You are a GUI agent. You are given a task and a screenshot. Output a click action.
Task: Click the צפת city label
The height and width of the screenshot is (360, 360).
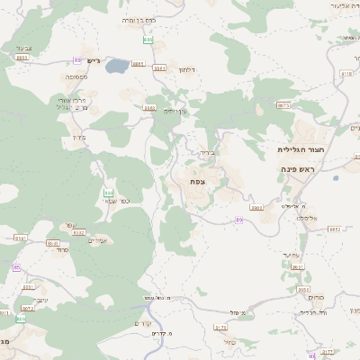pyautogui.click(x=196, y=182)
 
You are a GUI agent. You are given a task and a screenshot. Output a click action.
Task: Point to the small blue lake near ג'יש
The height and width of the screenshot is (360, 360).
pyautogui.click(x=116, y=66)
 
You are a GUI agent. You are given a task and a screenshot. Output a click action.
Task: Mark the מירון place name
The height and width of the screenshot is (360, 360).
pyautogui.click(x=75, y=138)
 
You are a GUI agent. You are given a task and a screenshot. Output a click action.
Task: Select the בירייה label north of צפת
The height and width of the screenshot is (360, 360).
pyautogui.click(x=207, y=153)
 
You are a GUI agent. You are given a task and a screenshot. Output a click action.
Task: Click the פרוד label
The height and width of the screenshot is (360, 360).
pyautogui.click(x=61, y=249)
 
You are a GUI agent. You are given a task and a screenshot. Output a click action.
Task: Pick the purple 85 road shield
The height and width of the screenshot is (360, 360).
pyautogui.click(x=16, y=267)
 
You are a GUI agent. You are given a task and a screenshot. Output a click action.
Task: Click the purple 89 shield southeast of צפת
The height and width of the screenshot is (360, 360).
pyautogui.click(x=239, y=219)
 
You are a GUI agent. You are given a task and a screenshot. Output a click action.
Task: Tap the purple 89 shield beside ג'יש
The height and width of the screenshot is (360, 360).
pyautogui.click(x=78, y=60)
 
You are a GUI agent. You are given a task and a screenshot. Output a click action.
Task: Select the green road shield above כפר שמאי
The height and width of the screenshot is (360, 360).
pyautogui.click(x=108, y=193)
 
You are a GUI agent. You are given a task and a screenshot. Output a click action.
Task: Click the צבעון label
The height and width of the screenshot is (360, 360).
pyautogui.click(x=23, y=47)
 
